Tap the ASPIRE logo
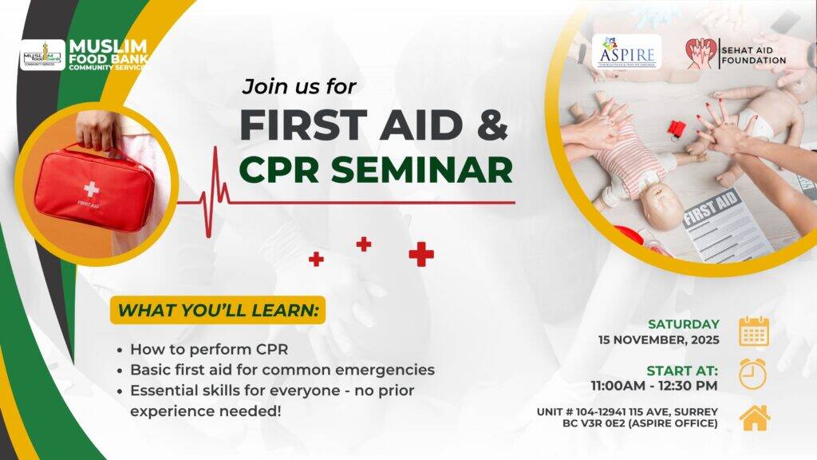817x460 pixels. (x=626, y=52)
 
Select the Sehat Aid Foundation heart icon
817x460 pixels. (x=701, y=54)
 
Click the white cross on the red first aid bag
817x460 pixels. (x=91, y=190)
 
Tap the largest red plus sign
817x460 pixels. (x=421, y=254)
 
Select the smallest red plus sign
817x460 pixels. (x=316, y=259)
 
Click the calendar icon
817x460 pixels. (x=753, y=331)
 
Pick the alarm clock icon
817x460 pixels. (x=752, y=374)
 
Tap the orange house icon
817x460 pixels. (x=754, y=417)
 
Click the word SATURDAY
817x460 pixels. (x=683, y=324)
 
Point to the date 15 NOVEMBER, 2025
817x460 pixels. (x=659, y=340)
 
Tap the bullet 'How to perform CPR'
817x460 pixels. (x=208, y=349)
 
